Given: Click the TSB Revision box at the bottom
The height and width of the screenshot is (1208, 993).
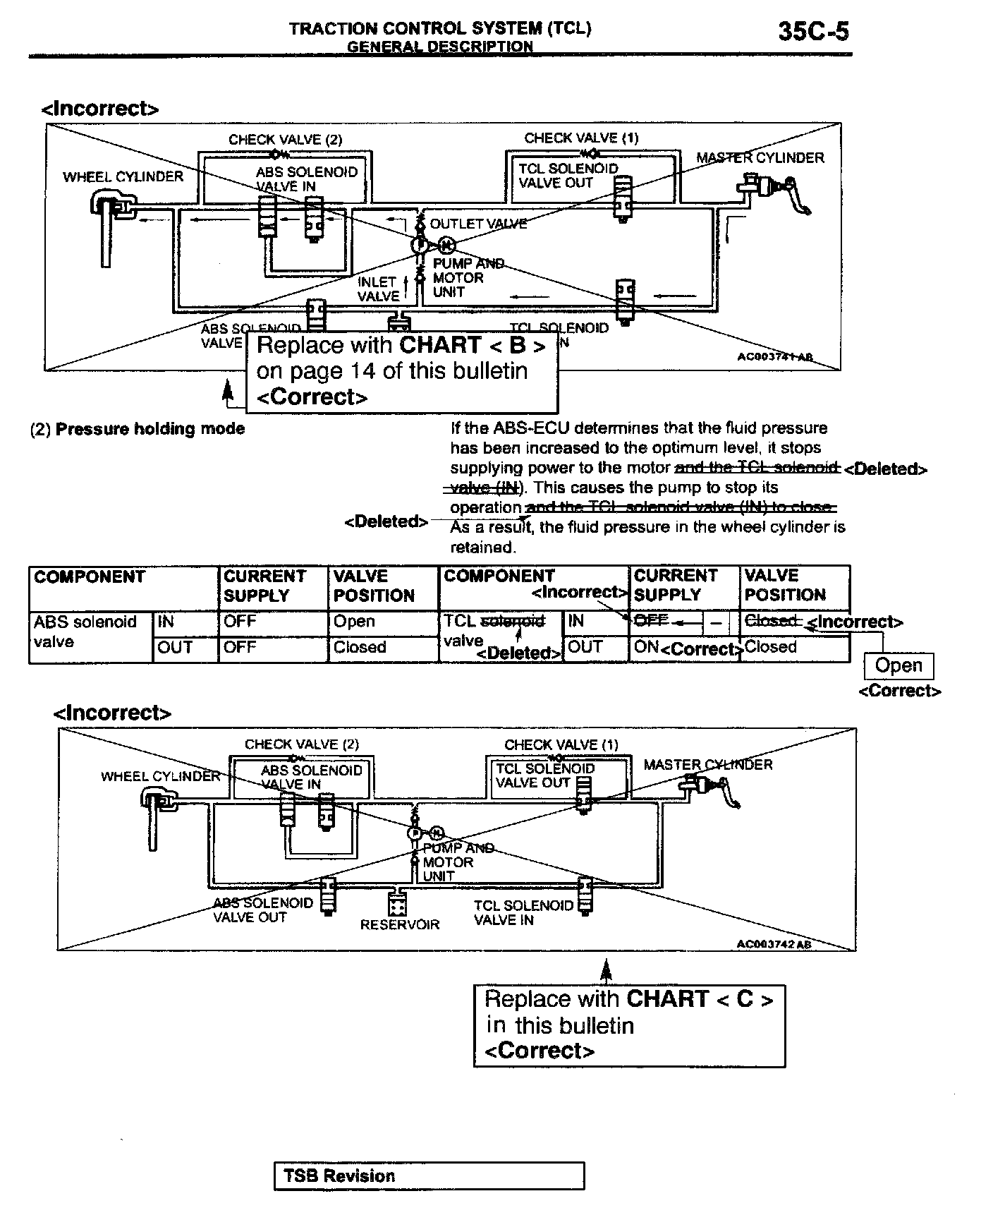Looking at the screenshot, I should pos(429,1176).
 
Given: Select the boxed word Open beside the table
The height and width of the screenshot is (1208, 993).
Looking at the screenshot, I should pos(898,665).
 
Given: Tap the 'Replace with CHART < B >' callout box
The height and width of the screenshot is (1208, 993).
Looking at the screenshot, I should pos(401,371).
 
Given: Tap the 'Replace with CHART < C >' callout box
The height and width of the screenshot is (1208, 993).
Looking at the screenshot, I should pos(629,1025).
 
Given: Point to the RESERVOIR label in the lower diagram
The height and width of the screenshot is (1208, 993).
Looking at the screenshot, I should pos(399,924).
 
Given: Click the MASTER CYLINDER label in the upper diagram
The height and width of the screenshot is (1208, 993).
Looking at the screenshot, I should pos(760,157).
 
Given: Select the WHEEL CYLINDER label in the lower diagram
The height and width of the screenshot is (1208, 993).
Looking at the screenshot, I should pos(160,776).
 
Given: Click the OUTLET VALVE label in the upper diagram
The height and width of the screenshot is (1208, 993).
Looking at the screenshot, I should pos(478,224).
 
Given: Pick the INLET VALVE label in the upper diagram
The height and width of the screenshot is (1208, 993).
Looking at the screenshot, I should pos(378,289).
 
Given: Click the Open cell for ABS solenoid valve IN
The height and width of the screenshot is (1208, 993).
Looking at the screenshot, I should pos(354,622).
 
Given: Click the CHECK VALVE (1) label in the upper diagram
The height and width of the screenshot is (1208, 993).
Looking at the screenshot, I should pos(581,138).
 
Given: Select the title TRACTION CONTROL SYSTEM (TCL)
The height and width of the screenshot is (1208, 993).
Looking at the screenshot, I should pos(440,29).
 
